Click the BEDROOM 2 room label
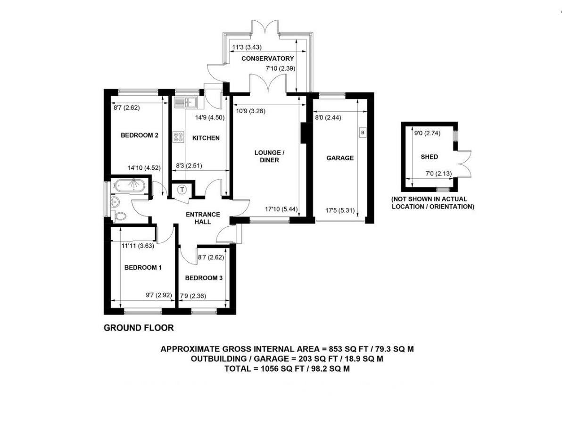click(x=139, y=135)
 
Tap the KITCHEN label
click(x=206, y=138)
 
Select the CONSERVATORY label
click(x=267, y=58)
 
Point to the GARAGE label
click(x=340, y=158)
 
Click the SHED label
click(x=429, y=157)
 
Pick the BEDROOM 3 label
click(x=204, y=278)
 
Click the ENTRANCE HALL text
click(x=203, y=217)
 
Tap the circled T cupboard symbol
click(x=182, y=190)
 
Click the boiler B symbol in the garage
click(x=362, y=133)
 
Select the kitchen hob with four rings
click(x=179, y=137)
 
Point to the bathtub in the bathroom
click(x=129, y=185)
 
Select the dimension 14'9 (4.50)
click(x=209, y=118)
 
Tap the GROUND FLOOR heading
click(x=139, y=328)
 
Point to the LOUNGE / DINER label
click(x=269, y=156)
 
